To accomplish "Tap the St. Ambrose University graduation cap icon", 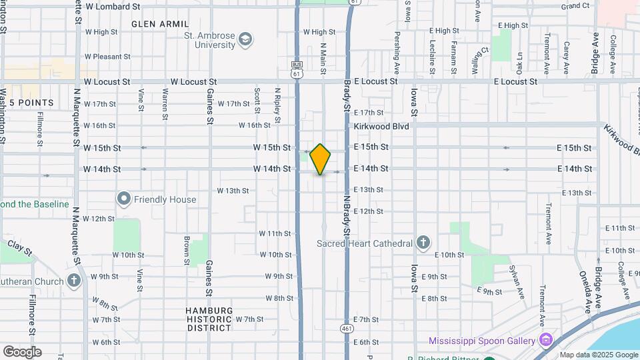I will tap(246, 40).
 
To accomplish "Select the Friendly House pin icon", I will tap(123, 199).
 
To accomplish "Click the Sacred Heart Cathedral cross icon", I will tap(423, 243).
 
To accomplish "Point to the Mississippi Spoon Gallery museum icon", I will tap(546, 341).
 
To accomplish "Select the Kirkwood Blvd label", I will tap(381, 125).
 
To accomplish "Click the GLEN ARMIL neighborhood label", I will tap(160, 24).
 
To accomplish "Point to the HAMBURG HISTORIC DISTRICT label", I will tap(209, 319).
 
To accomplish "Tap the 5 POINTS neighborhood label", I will tap(31, 103).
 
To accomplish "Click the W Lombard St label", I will tap(113, 6).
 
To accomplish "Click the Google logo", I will tap(21, 352).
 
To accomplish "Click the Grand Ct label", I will tap(575, 6).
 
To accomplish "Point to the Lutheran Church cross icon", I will tap(74, 281).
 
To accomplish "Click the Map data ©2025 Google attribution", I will tap(599, 355).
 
